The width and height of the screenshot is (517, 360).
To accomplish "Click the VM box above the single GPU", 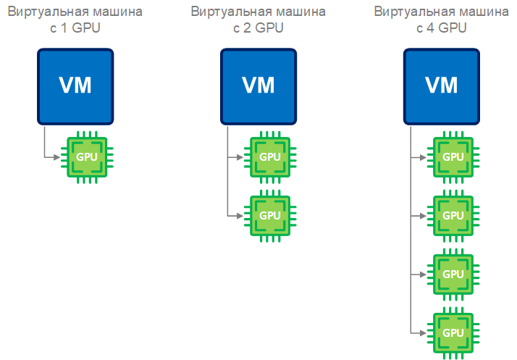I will coord(75,86).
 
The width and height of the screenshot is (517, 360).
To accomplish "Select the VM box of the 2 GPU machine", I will coord(258,86).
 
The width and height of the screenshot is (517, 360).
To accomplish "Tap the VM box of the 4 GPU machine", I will coord(441,86).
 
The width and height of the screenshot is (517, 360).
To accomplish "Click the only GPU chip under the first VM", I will coord(87,156).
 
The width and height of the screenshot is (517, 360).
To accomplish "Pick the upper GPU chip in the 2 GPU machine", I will coord(269,156).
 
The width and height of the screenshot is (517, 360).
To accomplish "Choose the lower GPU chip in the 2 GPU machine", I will coord(269,215).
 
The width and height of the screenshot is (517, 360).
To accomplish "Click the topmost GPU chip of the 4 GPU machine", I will coord(453,156).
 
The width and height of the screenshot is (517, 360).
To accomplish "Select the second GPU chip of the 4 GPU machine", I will coord(453,215).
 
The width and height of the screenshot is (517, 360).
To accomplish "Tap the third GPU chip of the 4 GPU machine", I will coord(453,274).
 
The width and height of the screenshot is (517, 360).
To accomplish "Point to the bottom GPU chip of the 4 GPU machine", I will coord(453,332).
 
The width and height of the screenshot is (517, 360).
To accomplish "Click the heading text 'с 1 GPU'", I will coord(75,28).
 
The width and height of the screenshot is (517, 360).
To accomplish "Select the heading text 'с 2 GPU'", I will coord(258,28).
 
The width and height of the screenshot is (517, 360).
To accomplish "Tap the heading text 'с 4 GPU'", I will coord(441,28).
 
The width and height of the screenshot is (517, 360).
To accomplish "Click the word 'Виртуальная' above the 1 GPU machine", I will coord(46,12).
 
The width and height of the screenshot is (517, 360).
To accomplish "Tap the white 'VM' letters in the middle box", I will coord(258,85).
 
